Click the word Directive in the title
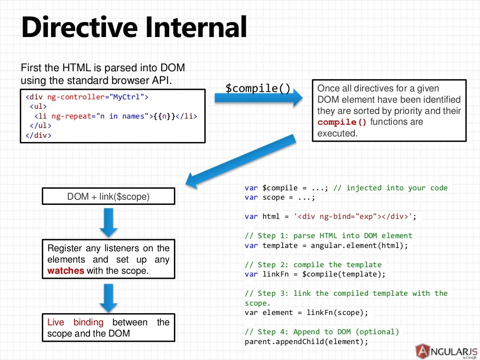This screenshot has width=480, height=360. (79, 28)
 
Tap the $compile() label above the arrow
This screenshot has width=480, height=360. (258, 88)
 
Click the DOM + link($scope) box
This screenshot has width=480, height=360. (108, 197)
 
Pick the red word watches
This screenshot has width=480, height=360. (66, 271)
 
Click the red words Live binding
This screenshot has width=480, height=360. (75, 322)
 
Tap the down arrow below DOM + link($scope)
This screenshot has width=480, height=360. (108, 222)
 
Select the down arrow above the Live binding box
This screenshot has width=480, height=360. (108, 297)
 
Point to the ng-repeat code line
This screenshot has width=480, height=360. (112, 116)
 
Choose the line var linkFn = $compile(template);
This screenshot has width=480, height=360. (315, 274)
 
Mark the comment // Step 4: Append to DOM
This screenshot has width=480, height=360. (322, 332)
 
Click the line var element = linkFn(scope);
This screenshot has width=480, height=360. (307, 313)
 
